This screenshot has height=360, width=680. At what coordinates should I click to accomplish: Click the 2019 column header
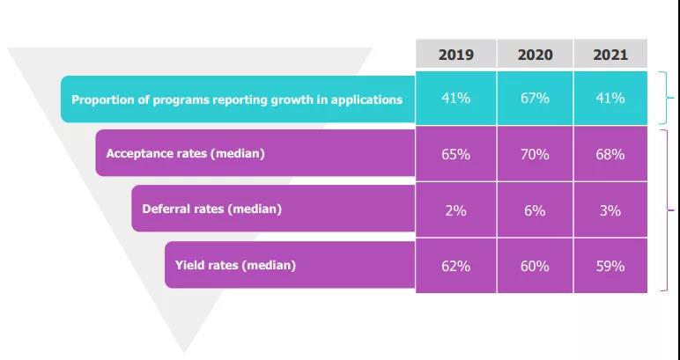point(455,55)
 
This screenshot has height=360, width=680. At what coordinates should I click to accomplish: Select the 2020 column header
point(535,55)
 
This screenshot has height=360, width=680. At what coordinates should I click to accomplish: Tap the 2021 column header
point(610,55)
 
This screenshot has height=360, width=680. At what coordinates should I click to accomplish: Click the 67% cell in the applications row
point(535,98)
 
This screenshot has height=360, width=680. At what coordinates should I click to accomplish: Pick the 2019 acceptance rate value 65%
point(455,154)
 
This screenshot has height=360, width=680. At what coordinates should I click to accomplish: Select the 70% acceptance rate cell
point(535,154)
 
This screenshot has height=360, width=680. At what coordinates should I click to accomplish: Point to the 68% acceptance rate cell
point(610,154)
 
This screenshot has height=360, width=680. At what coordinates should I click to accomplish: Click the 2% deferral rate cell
point(455,210)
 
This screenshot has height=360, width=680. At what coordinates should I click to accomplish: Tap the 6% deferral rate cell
point(535,210)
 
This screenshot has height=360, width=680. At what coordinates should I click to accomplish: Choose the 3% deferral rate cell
point(610,210)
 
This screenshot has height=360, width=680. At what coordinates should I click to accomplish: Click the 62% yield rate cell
point(455,265)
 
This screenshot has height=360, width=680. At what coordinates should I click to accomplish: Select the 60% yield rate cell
point(535,265)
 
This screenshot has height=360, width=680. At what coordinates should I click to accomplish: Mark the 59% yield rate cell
point(610,265)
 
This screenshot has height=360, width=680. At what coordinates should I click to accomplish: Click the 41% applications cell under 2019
point(455,98)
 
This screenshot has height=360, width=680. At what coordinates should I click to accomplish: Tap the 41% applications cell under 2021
point(610,98)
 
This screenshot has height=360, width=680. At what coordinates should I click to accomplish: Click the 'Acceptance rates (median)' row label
point(185,153)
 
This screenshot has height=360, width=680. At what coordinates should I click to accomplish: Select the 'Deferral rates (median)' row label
point(211,209)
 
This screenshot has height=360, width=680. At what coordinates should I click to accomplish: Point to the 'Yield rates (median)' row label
point(235,265)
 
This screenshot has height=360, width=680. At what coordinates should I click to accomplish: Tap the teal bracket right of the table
point(669,99)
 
